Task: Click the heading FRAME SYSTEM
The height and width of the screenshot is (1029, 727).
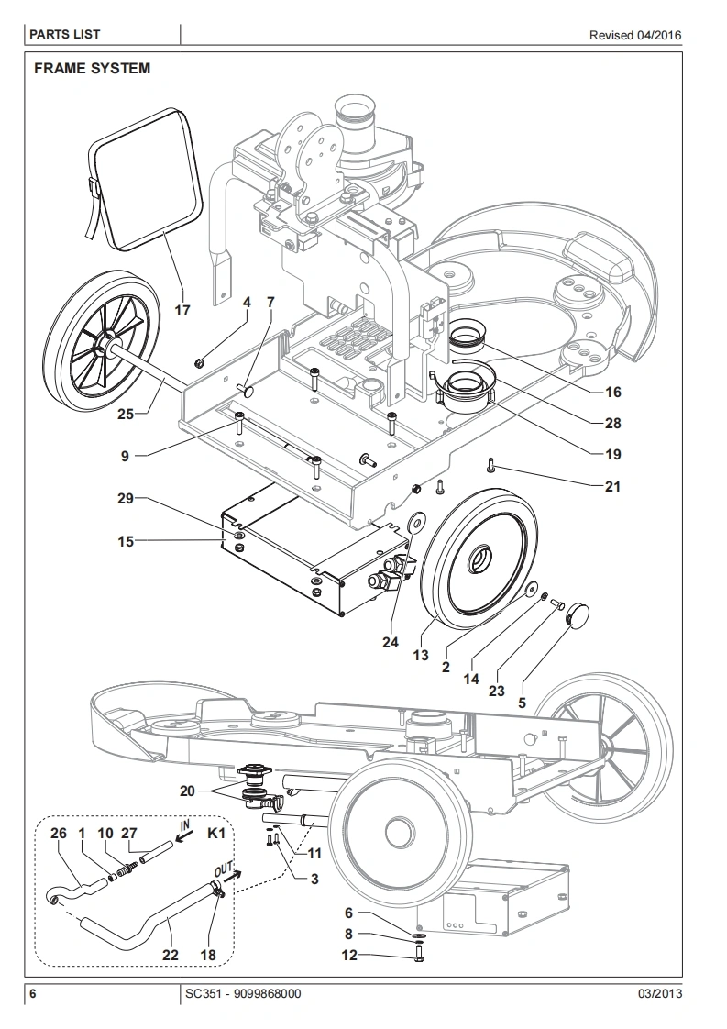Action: click(92, 69)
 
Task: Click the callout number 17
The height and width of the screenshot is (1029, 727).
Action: click(182, 310)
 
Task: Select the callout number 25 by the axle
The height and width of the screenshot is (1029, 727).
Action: click(126, 415)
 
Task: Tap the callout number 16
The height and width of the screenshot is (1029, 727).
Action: click(612, 392)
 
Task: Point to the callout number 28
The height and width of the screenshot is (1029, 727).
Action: click(612, 424)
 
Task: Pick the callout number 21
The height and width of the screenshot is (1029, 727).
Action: click(612, 486)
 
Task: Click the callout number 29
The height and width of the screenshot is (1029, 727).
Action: click(126, 499)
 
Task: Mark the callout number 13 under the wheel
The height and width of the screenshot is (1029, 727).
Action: click(421, 655)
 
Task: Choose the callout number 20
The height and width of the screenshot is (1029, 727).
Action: click(188, 791)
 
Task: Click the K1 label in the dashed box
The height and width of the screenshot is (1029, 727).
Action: click(216, 834)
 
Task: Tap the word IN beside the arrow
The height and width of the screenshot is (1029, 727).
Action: click(184, 824)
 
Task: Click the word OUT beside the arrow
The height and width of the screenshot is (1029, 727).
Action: click(223, 869)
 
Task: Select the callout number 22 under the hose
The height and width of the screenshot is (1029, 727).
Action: click(170, 955)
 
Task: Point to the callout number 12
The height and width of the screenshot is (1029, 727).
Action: click(349, 955)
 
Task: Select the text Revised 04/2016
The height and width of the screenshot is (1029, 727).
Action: click(635, 36)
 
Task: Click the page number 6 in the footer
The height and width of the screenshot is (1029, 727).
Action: click(33, 993)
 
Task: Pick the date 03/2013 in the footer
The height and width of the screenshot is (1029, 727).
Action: click(660, 993)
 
